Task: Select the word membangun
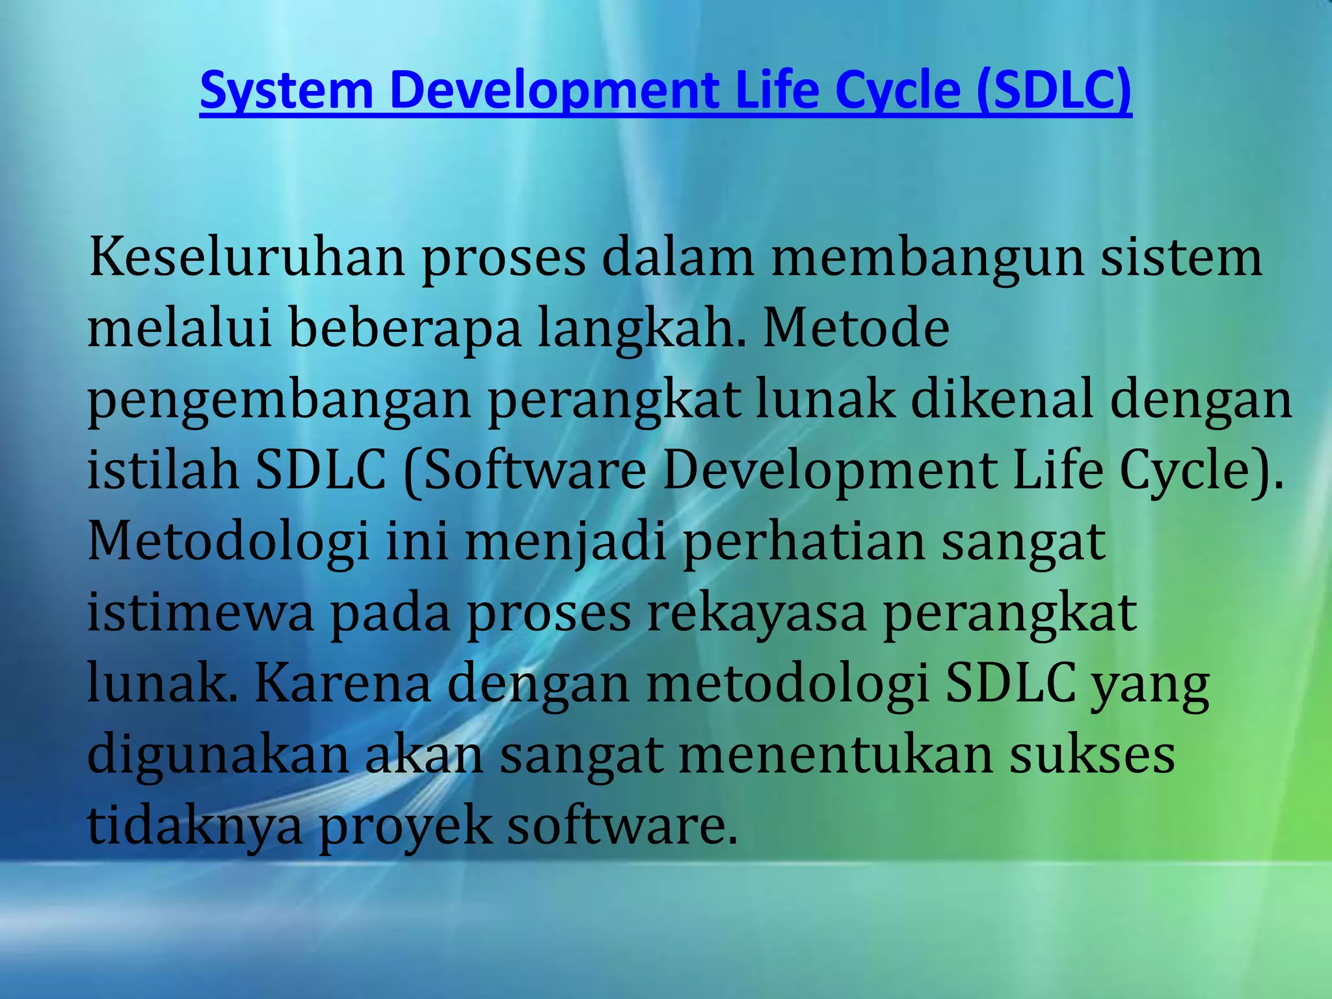(927, 258)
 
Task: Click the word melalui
(179, 328)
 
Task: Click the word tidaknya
(195, 827)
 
